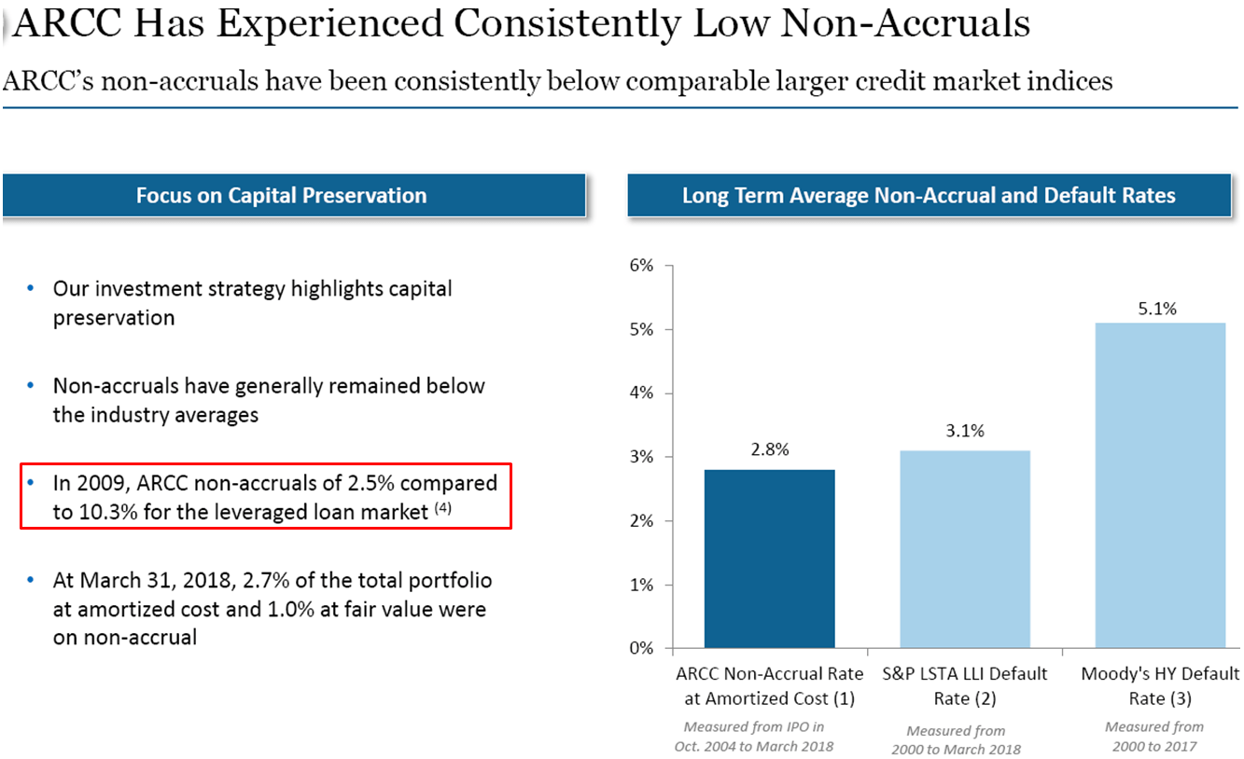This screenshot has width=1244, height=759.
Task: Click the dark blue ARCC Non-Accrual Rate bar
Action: coord(769,559)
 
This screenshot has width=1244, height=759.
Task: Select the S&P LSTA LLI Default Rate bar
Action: coord(965,549)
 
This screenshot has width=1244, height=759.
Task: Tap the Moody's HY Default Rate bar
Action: coord(1160,485)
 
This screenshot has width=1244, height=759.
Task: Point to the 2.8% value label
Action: coord(770,450)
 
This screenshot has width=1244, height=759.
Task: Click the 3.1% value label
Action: coord(965,431)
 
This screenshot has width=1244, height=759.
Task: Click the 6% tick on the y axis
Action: coord(643,266)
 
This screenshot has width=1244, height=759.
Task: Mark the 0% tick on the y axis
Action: coord(643,649)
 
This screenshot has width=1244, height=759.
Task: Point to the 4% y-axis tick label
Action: coord(643,393)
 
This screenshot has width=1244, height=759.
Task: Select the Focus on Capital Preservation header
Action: coord(281,196)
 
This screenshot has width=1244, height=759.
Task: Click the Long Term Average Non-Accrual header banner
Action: coord(929,196)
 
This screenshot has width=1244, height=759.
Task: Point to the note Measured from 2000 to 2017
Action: coord(1153,736)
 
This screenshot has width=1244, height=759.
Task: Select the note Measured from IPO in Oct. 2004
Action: coord(754,736)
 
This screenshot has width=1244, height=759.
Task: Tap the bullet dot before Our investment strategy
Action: coord(31,289)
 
